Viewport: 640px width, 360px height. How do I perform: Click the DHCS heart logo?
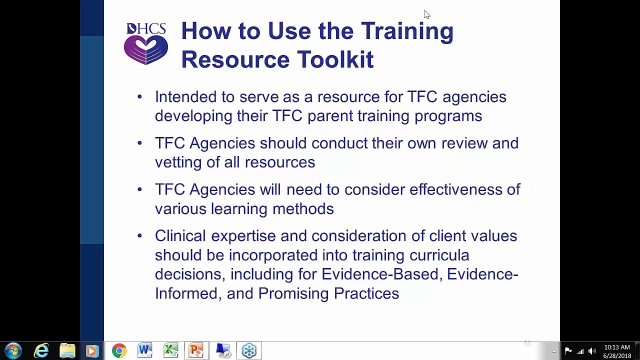[146, 44]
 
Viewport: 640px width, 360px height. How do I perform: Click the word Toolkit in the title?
[335, 59]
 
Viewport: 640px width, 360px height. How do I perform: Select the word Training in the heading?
[407, 31]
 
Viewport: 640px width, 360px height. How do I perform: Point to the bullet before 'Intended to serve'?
[139, 97]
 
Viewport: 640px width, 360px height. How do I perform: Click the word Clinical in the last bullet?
[180, 236]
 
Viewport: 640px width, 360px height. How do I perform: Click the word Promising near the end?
[293, 293]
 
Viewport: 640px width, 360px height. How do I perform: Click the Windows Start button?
[13, 350]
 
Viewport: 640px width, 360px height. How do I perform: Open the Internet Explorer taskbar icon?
[41, 350]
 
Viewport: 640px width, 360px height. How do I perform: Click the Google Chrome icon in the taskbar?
[119, 350]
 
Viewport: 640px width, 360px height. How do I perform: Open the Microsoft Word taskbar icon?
[145, 350]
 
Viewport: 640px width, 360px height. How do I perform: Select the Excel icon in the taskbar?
[171, 350]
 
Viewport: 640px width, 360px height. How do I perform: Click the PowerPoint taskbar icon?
[196, 350]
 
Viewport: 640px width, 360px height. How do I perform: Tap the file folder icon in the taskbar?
[67, 350]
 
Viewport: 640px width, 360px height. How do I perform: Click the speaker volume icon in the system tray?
[592, 351]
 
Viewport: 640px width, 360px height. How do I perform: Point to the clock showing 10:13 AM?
[616, 347]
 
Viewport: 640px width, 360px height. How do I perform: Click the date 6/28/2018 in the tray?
[617, 355]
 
